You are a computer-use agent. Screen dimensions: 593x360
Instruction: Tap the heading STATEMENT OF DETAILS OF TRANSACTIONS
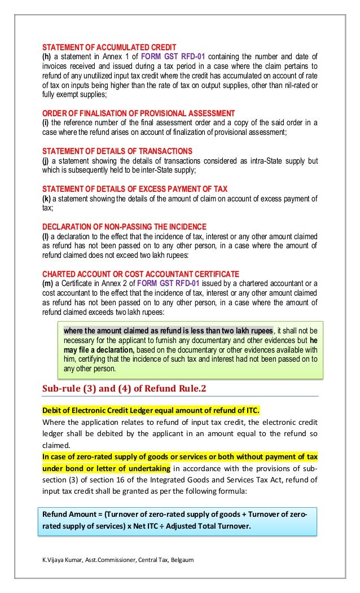(x=118, y=151)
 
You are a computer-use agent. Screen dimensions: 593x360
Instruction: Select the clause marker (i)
(x=47, y=123)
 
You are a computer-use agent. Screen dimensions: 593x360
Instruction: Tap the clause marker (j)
(x=47, y=161)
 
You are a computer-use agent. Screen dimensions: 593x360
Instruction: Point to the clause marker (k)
(x=47, y=198)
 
